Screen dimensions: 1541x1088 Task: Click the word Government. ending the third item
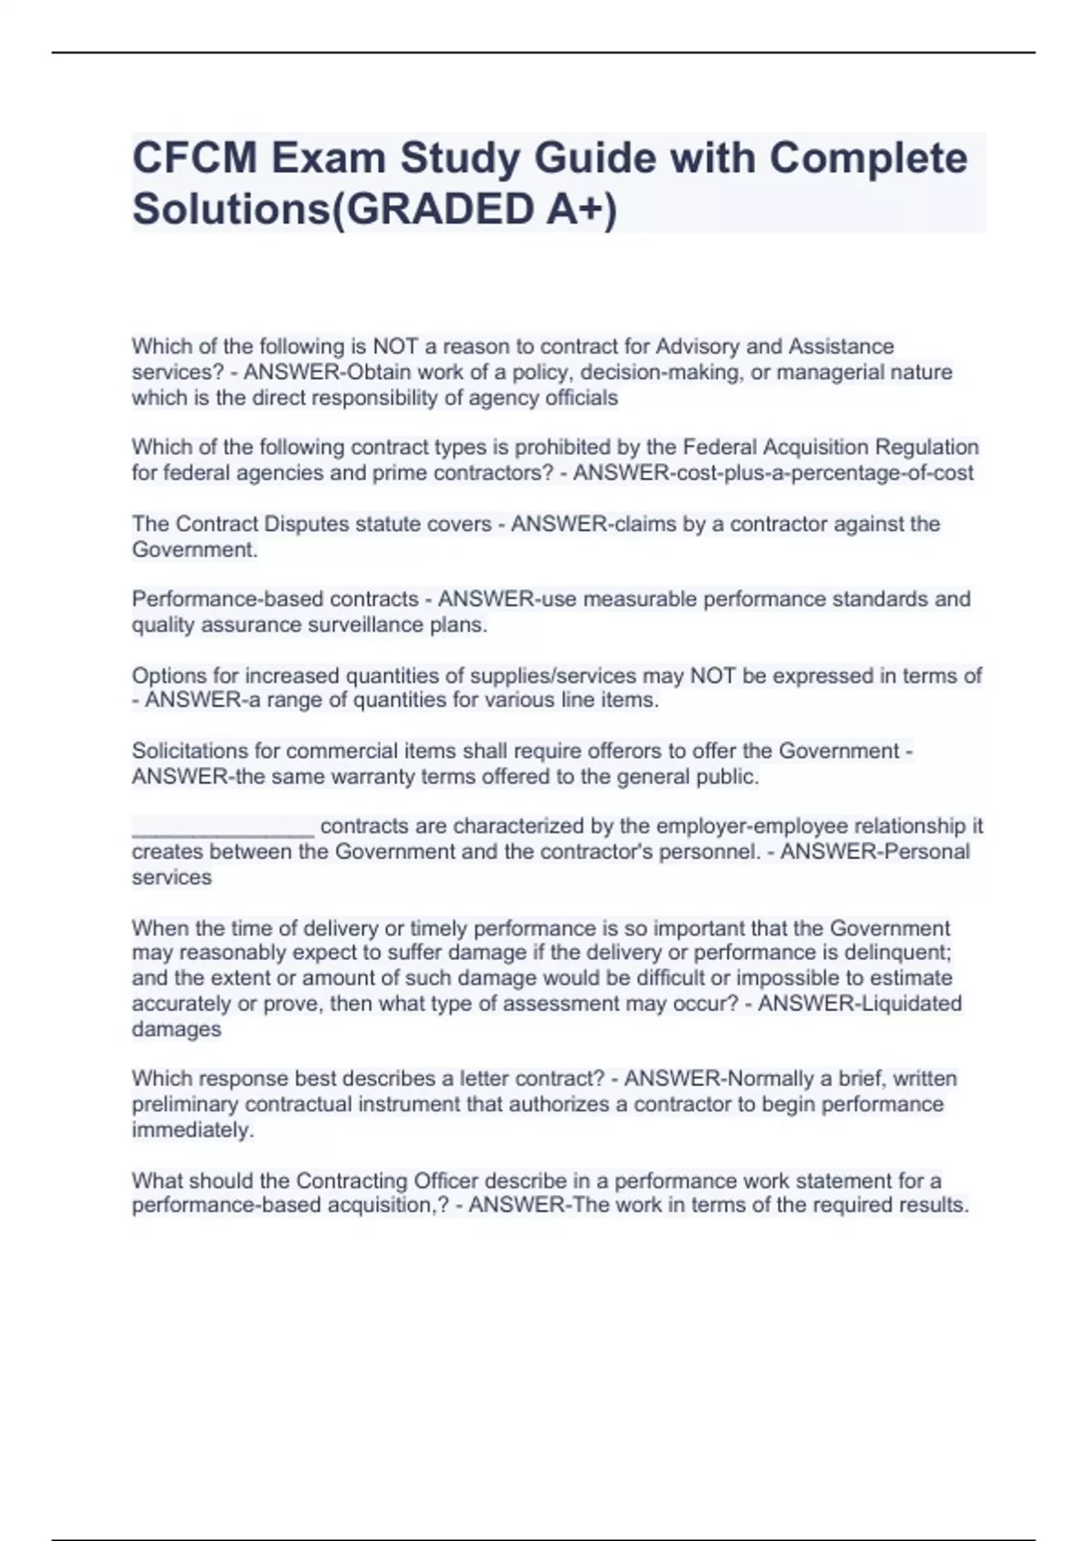(194, 549)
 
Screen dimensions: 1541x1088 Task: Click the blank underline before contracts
(223, 827)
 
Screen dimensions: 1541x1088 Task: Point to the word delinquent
(896, 953)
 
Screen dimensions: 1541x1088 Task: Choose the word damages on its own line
(176, 1029)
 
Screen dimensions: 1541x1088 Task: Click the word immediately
(192, 1129)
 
